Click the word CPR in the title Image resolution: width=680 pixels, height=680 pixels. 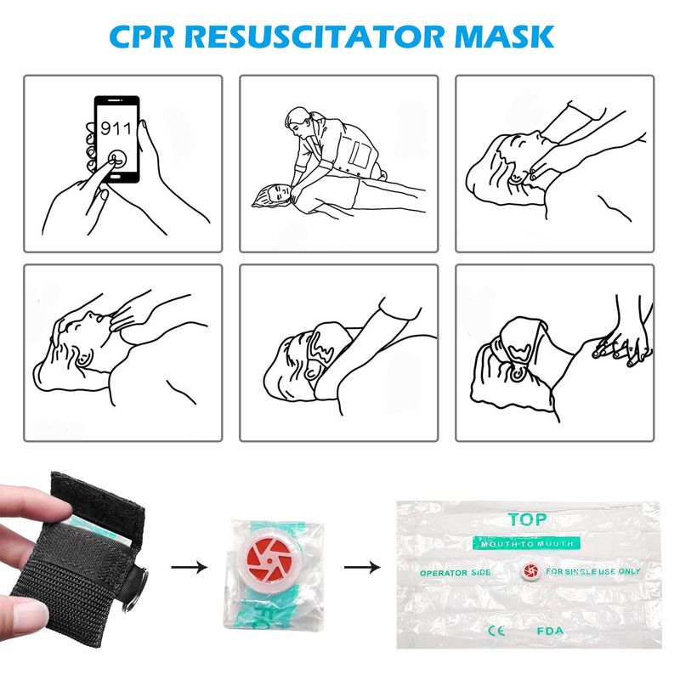click(142, 37)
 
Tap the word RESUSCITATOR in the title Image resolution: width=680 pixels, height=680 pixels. click(316, 37)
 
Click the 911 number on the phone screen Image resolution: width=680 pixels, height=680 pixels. click(116, 128)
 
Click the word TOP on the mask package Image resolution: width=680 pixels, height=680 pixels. click(527, 519)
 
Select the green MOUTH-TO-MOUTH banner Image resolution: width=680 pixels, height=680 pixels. click(526, 543)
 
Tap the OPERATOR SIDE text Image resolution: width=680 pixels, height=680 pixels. click(455, 572)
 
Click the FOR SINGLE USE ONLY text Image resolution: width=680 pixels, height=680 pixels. click(592, 571)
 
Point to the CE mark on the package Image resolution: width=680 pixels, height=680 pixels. click(496, 630)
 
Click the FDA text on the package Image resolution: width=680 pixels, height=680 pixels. click(550, 631)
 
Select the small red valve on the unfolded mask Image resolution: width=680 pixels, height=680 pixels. click(530, 570)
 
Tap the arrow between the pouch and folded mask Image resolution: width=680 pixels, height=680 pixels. click(189, 566)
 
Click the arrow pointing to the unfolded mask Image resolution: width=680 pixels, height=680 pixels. click(362, 566)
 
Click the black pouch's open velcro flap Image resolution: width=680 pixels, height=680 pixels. click(96, 500)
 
